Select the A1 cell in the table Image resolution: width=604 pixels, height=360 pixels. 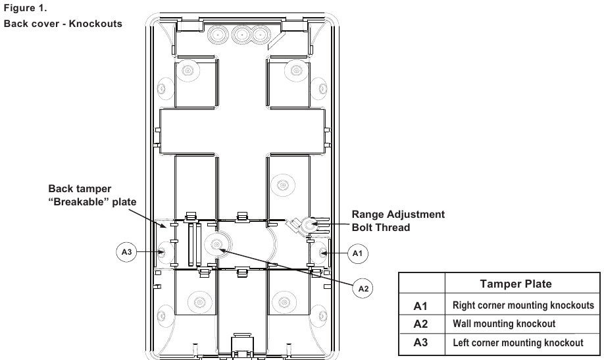click(x=421, y=306)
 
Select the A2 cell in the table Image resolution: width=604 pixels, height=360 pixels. click(x=421, y=324)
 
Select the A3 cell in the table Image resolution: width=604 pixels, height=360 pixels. click(x=421, y=342)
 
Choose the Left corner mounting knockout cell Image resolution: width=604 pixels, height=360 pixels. click(x=518, y=342)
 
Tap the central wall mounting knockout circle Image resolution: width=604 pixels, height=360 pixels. click(x=216, y=245)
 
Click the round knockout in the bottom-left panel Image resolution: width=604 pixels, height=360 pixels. click(x=195, y=303)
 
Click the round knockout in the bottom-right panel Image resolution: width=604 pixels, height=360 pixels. click(x=284, y=303)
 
